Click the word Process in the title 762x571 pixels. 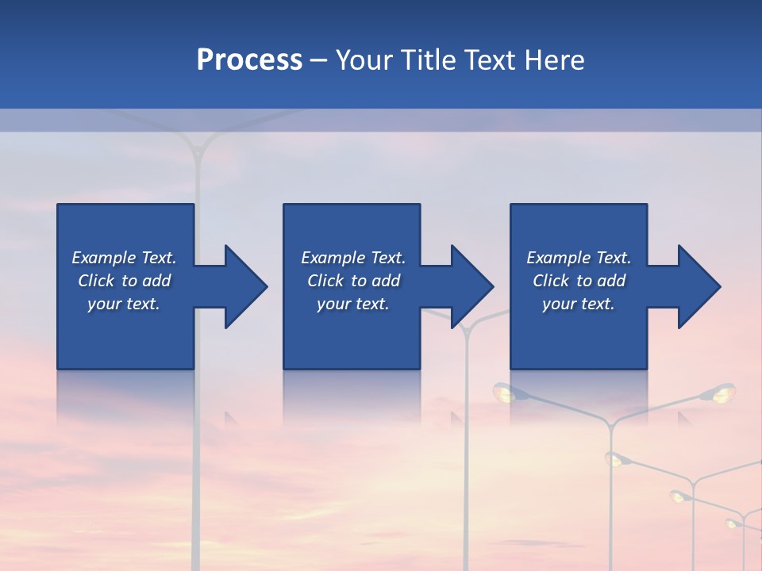click(249, 60)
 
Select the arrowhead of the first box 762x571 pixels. click(246, 286)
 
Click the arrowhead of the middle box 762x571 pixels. click(472, 286)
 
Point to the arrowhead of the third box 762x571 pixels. click(699, 286)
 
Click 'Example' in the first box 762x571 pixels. click(104, 258)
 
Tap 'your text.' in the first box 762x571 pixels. click(124, 304)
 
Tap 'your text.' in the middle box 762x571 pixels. click(352, 304)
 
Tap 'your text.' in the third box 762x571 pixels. click(578, 304)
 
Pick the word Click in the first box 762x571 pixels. click(96, 281)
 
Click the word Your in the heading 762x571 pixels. click(365, 60)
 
